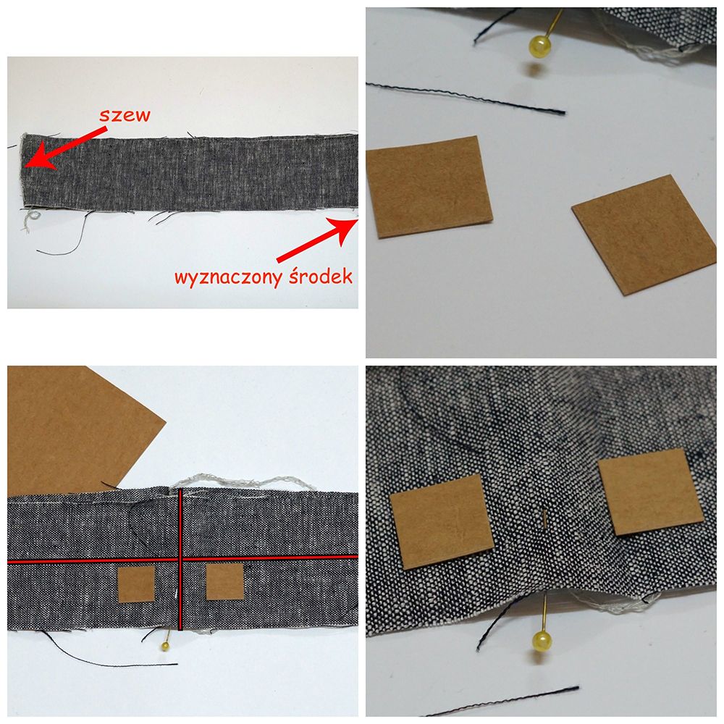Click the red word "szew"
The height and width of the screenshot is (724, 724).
click(125, 115)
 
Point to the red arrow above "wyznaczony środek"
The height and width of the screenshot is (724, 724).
click(318, 239)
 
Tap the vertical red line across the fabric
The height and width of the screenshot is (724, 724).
click(180, 559)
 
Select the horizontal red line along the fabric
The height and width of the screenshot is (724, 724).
click(183, 560)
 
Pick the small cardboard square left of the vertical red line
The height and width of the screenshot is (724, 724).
click(136, 584)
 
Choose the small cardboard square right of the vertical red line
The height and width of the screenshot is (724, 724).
click(225, 582)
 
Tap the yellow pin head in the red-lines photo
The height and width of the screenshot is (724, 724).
click(165, 647)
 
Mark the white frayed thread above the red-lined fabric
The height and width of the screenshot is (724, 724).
click(243, 482)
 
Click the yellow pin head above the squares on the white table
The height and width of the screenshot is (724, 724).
click(540, 47)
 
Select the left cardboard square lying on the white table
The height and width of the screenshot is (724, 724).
click(429, 187)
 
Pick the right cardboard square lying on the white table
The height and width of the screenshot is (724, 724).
click(644, 235)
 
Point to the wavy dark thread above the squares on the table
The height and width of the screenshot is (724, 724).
click(466, 98)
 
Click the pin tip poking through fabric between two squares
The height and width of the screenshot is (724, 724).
click(545, 518)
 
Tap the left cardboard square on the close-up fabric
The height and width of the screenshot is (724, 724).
click(442, 521)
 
